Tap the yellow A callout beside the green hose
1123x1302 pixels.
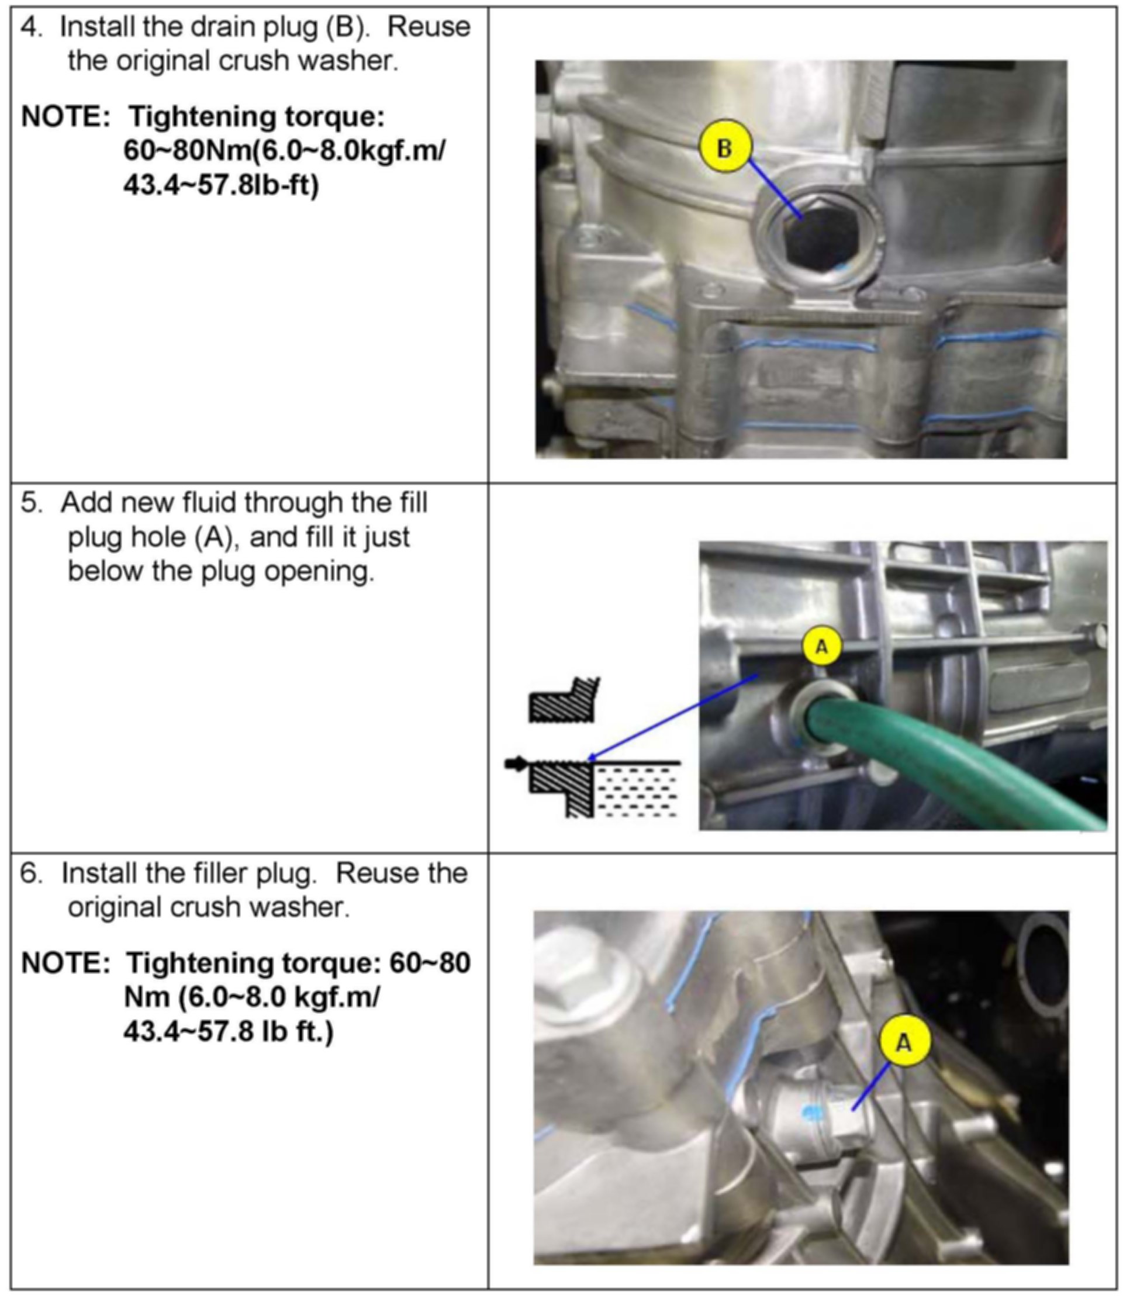821,646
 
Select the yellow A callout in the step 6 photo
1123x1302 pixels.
904,1042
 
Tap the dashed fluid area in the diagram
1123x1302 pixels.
637,792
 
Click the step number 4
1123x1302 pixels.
32,27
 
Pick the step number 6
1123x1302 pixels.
32,873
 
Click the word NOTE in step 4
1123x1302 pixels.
65,117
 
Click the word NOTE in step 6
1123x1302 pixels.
65,963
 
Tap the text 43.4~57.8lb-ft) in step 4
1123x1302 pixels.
221,185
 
